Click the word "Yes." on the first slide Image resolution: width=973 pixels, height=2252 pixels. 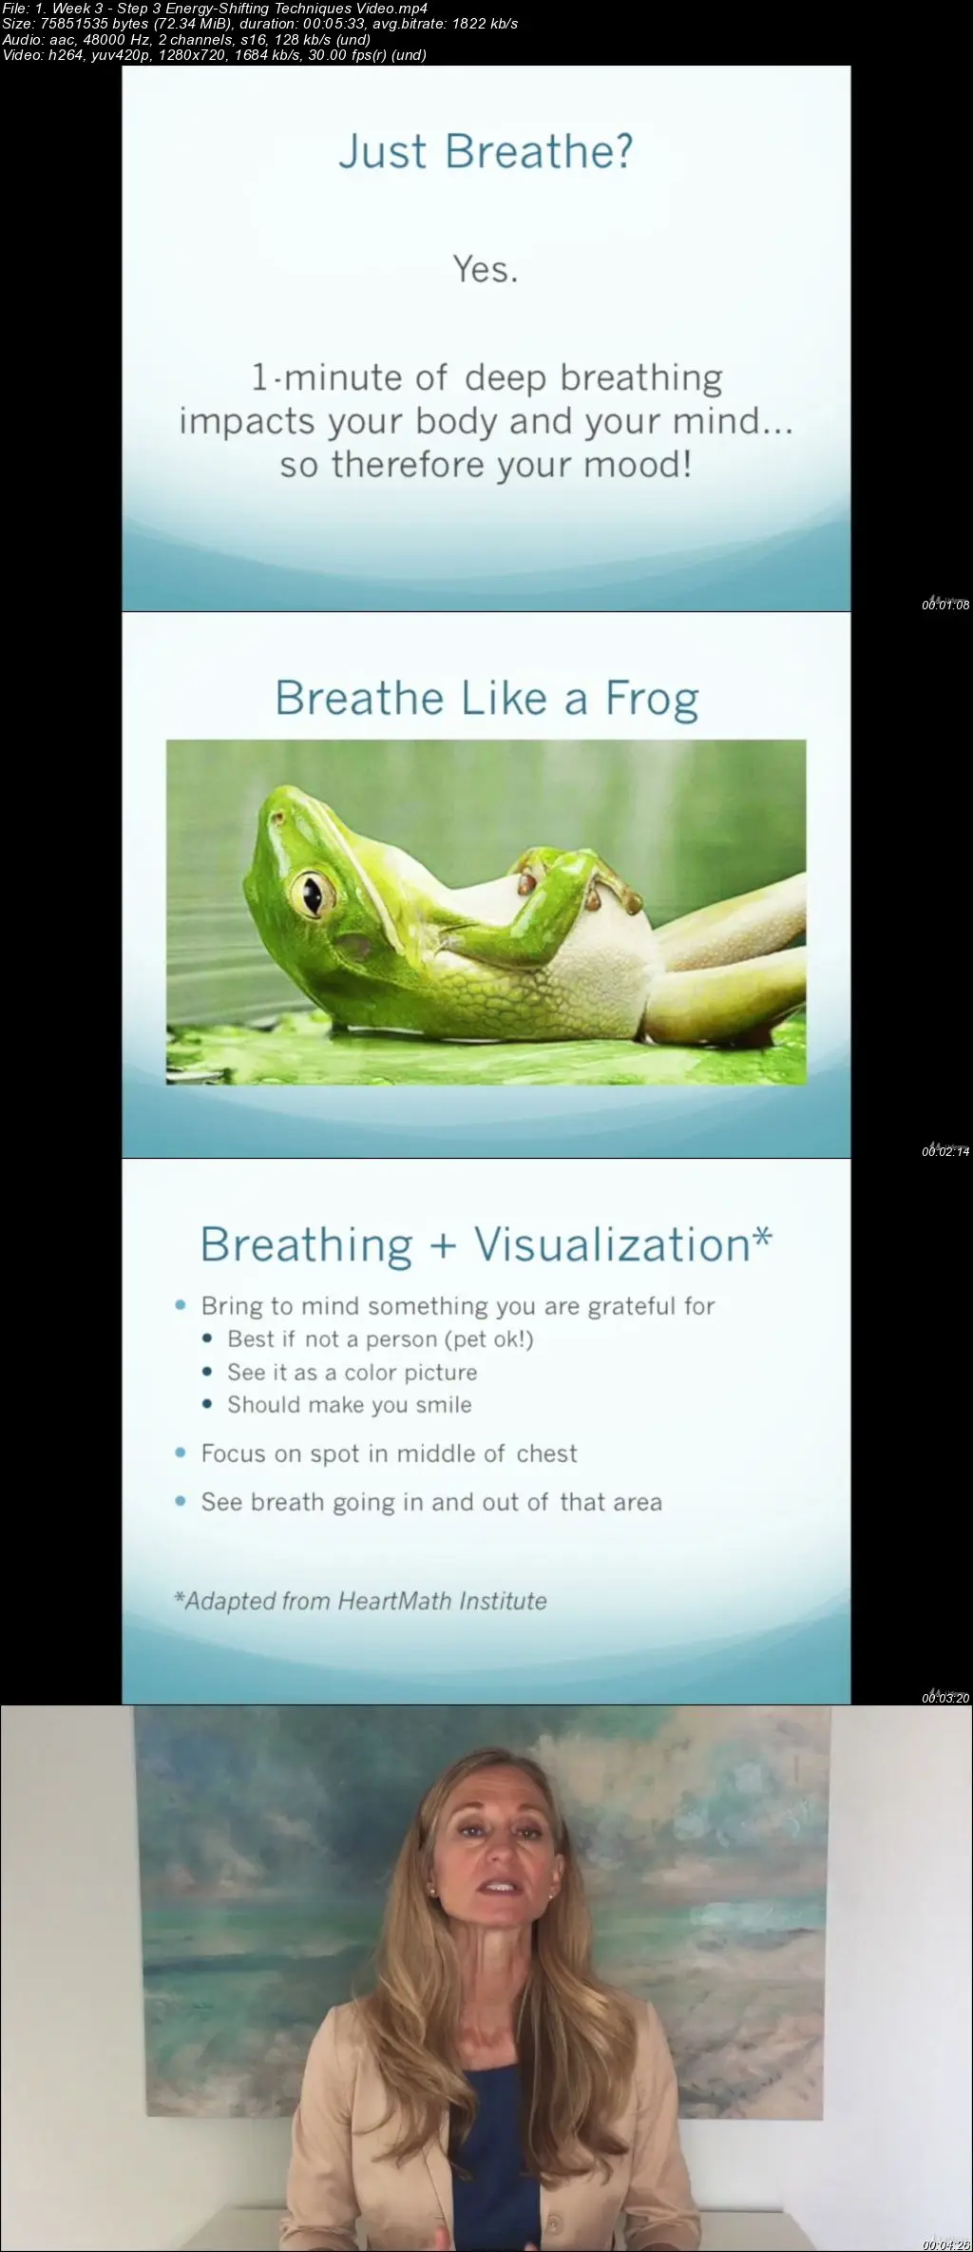(486, 269)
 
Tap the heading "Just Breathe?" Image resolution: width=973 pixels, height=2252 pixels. (486, 151)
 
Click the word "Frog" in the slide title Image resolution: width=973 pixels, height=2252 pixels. (652, 699)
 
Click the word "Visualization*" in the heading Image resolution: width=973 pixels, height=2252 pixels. (622, 1244)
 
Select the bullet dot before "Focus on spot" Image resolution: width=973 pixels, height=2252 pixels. (181, 1453)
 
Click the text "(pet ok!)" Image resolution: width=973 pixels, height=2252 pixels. (488, 1339)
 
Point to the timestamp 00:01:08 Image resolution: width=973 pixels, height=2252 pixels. (945, 605)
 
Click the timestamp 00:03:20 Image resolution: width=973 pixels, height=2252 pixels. (945, 1698)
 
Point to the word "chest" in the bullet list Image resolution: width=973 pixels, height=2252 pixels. (546, 1453)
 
